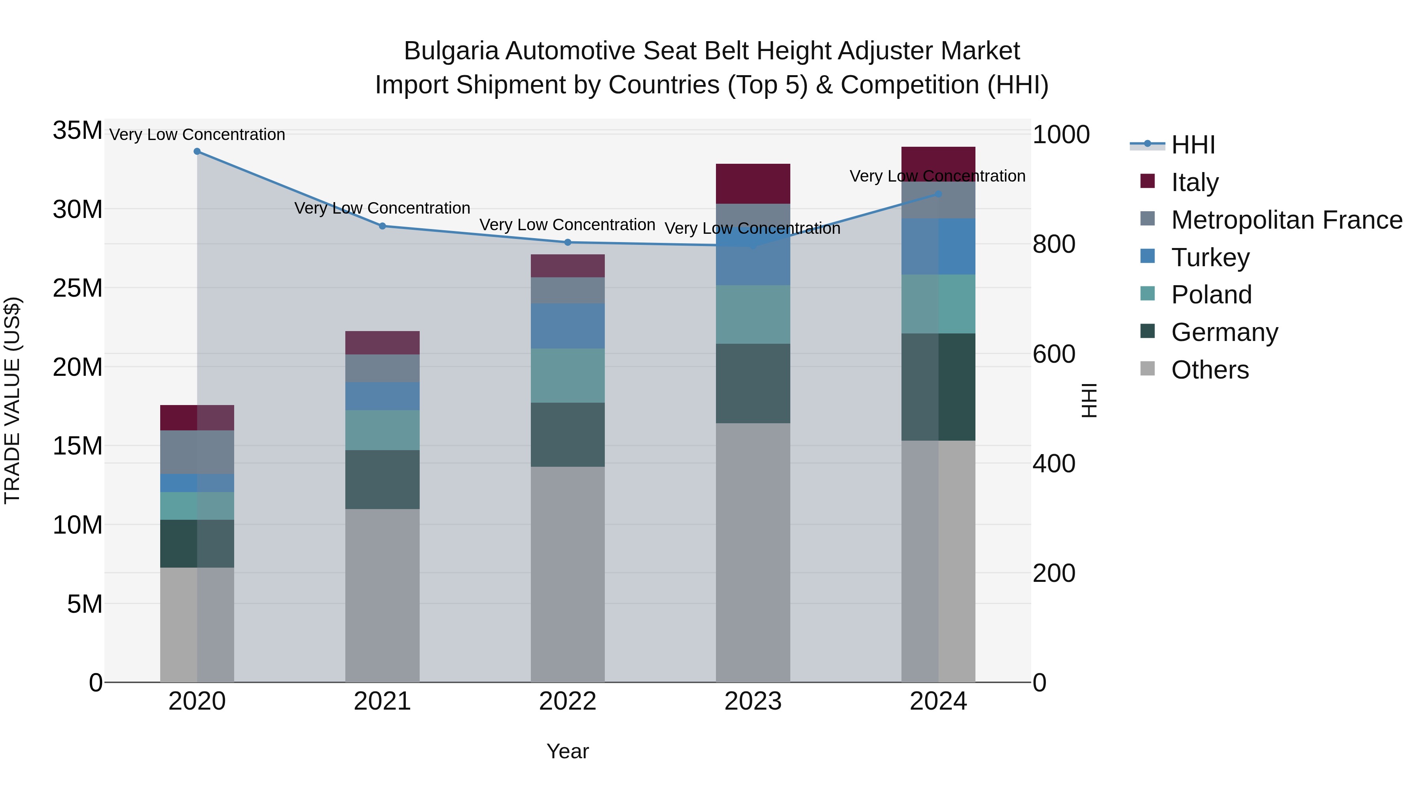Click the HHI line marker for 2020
197,151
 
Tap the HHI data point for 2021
383,226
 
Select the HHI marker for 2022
568,242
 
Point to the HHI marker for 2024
938,194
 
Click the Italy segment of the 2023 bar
753,184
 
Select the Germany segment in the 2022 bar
568,434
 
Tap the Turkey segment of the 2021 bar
383,396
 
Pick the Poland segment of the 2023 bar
753,314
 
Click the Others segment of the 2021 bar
383,595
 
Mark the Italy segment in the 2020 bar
197,417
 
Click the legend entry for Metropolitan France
1286,220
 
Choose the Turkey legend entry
1210,258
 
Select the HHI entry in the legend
1193,145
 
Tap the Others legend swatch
1148,369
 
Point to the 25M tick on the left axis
78,288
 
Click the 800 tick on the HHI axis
1054,244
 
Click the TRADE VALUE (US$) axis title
12,400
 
